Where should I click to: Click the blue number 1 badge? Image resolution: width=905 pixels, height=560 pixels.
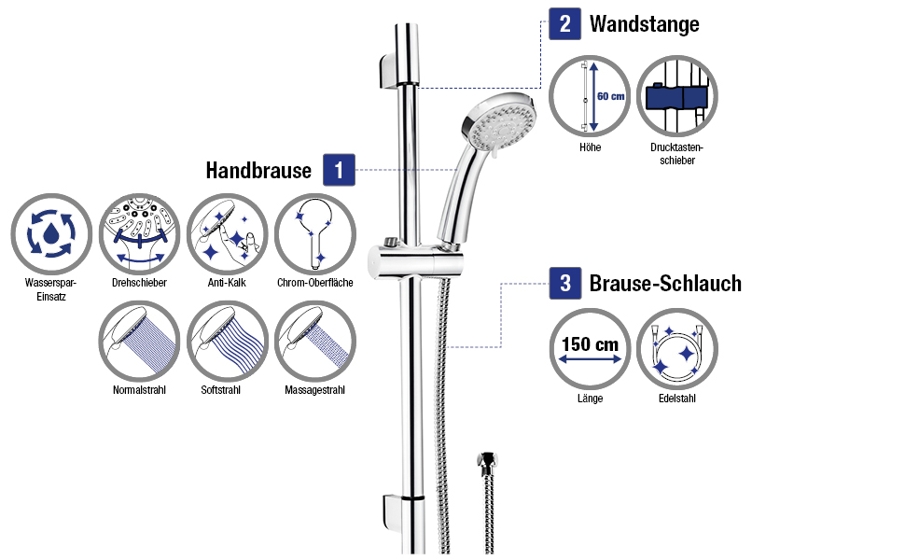coord(340,171)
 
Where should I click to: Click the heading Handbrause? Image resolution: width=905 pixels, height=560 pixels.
coord(258,171)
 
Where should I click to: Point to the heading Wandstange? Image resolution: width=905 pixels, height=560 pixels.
coord(644,24)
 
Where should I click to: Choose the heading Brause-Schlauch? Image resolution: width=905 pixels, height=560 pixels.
coord(665,283)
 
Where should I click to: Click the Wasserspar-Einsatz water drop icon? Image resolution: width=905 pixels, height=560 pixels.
coord(49,233)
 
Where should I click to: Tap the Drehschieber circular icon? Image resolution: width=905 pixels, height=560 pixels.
coord(138,233)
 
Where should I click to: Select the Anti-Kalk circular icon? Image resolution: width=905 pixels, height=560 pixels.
coord(227,233)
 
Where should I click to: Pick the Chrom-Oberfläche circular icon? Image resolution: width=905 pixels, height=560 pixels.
coord(314,233)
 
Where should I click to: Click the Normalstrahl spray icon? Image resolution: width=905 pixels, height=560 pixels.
coord(138,341)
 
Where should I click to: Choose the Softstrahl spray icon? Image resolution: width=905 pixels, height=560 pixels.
coord(227,341)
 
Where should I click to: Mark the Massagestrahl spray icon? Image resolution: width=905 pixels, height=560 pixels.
coord(314,341)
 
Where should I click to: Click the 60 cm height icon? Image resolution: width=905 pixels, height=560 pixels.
coord(589,96)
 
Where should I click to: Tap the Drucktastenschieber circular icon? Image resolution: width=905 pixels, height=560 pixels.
coord(676,96)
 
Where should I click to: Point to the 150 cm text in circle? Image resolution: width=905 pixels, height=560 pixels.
coord(589,344)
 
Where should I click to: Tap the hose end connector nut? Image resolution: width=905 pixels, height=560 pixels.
coord(486,462)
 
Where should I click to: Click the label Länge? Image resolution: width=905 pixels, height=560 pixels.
coord(590,399)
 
